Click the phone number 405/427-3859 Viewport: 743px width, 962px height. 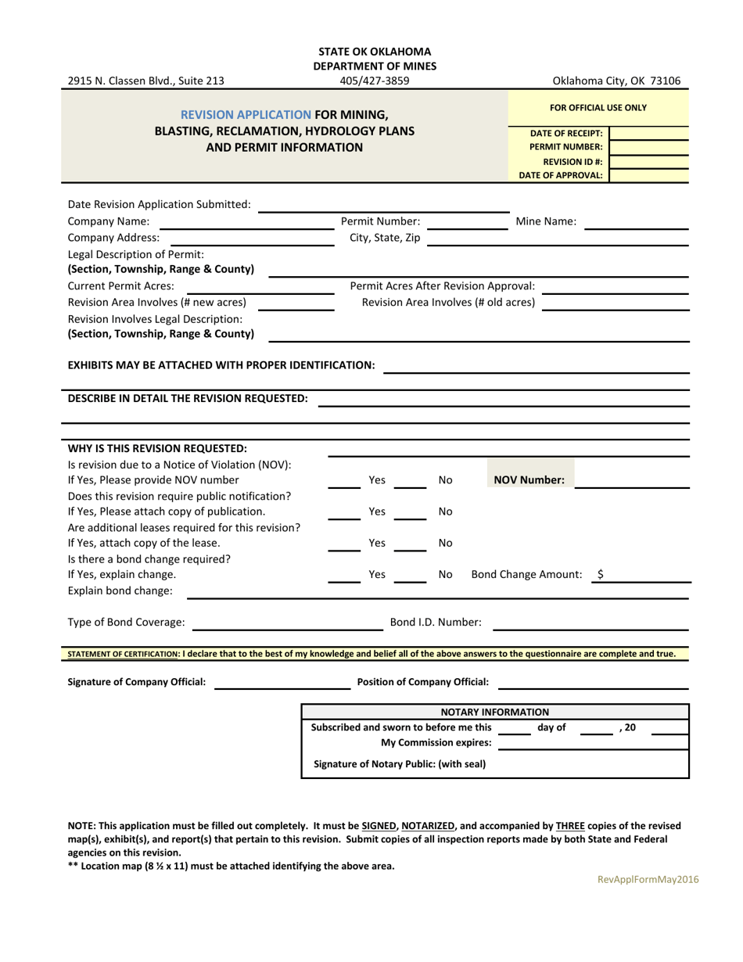click(375, 81)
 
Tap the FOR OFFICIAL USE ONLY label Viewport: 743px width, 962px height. click(598, 108)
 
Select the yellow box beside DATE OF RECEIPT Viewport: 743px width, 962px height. click(648, 133)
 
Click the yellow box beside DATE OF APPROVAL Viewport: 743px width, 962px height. click(648, 175)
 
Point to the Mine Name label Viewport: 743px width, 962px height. click(546, 221)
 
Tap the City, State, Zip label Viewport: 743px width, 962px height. click(384, 238)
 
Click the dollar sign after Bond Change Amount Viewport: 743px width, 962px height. click(600, 574)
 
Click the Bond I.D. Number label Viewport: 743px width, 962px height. click(436, 623)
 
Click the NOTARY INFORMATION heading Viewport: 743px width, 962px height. click(495, 712)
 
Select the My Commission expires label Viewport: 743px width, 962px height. click(436, 742)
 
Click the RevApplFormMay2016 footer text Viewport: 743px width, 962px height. click(648, 879)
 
